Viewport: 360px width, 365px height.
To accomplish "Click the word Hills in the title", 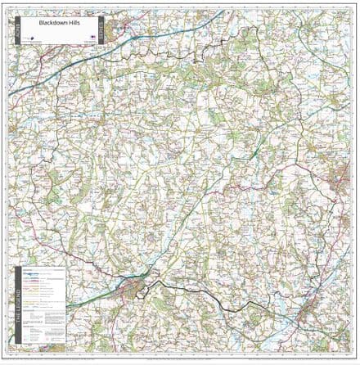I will (x=66, y=24).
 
